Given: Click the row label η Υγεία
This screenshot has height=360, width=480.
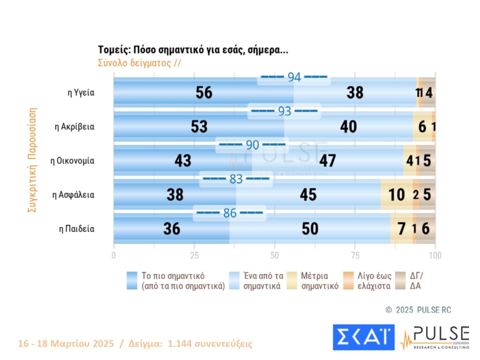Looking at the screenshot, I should click(81, 93).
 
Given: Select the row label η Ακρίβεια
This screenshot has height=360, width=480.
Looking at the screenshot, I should click(75, 127).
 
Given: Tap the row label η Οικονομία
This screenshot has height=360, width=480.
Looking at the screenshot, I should click(73, 161).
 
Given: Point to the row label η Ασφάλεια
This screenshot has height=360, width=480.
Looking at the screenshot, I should click(74, 195).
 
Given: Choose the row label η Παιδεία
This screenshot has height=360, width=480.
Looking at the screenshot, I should click(76, 229).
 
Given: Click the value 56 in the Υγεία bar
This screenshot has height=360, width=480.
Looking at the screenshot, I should click(204, 93).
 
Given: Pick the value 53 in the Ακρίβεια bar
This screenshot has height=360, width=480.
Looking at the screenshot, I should click(199, 127).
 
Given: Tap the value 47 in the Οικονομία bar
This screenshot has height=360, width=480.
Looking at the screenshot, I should click(327, 161).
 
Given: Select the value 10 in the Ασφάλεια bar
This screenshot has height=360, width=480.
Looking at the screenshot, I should click(397, 195).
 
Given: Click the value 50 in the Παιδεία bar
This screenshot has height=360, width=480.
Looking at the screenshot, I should click(310, 229).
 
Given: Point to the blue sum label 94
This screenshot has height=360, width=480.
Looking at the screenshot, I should click(294, 78).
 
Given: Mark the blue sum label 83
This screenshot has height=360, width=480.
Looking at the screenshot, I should click(236, 179).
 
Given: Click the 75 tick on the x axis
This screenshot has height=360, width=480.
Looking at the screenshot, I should click(355, 255).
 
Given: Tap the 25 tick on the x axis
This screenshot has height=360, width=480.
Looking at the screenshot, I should click(194, 255).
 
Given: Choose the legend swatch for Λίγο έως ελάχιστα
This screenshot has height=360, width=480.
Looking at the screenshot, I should click(348, 280).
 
